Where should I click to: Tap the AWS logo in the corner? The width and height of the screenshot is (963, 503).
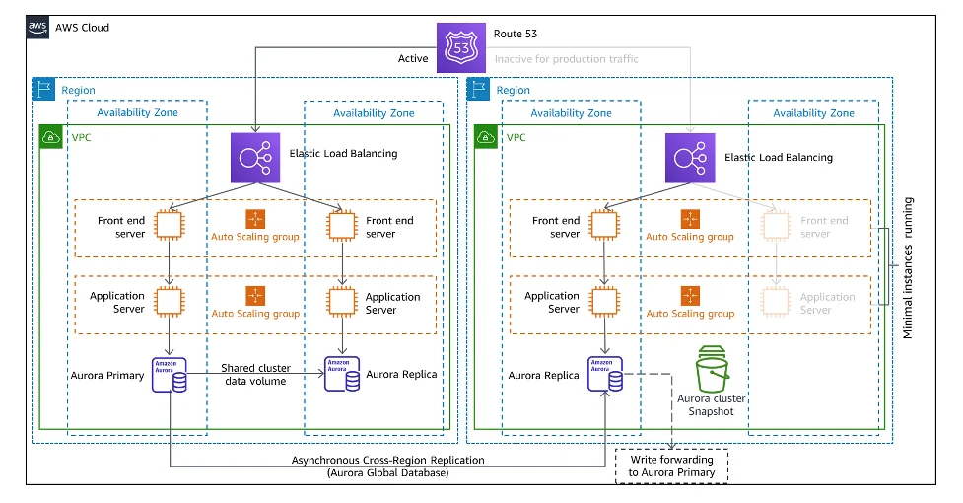click(38, 27)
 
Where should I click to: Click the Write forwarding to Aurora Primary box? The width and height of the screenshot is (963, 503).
click(671, 466)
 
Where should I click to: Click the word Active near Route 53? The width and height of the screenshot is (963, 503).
click(413, 59)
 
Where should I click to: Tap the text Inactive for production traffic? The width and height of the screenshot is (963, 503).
click(566, 59)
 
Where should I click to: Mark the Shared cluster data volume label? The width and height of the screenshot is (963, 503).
click(253, 374)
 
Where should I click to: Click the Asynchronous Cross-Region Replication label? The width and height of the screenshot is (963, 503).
click(387, 461)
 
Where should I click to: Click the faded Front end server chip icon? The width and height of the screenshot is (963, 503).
click(776, 226)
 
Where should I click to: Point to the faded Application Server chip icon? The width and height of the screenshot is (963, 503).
click(776, 302)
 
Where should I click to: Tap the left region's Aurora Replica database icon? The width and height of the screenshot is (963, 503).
click(342, 375)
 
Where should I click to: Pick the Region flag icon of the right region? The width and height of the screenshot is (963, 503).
click(480, 89)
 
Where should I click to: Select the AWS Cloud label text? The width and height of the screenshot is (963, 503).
click(83, 28)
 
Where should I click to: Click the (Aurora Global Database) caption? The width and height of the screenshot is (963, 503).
click(388, 474)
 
